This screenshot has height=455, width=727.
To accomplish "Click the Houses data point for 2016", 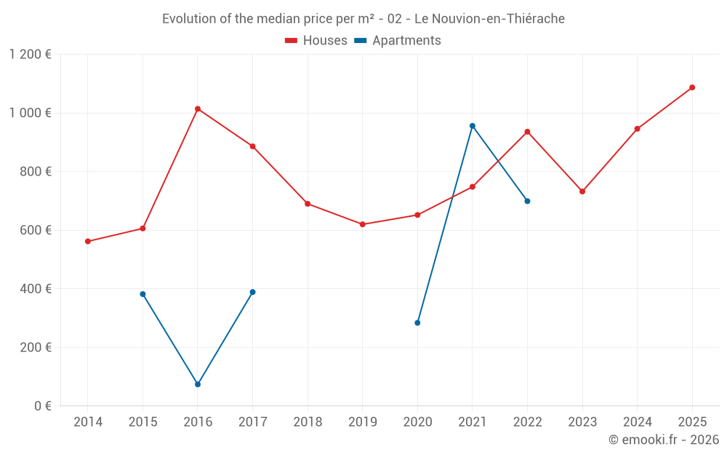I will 198,109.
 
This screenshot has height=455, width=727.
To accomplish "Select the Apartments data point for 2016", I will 198,384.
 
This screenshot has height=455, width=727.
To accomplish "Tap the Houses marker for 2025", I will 692,87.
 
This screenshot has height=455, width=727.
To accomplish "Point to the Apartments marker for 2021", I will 473,126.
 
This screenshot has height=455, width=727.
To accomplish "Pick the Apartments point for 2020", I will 417,323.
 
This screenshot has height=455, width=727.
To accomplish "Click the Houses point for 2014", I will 88,241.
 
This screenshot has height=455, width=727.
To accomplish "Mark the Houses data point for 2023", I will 582,191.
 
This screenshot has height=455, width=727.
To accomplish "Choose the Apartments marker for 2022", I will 527,201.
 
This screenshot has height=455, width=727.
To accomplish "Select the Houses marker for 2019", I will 363,224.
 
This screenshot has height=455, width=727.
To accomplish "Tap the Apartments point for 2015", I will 142,294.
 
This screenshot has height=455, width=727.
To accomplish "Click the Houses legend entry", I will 316,41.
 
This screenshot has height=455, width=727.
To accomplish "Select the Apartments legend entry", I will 398,41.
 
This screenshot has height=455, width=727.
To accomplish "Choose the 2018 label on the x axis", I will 308,422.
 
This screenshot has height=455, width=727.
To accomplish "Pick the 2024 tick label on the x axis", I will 637,422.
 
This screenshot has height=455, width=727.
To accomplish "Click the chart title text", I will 363,19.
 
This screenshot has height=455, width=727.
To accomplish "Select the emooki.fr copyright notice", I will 664,440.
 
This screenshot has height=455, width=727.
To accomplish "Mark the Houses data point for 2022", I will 527,132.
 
